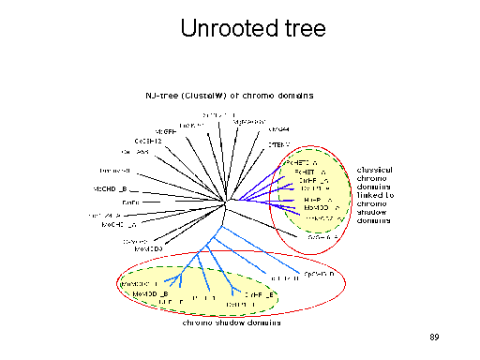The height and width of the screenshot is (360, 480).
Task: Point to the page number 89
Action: pos(433,336)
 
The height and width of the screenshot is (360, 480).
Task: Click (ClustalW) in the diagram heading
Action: pos(209,95)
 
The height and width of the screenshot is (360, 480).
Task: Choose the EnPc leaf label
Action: pos(130,202)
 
